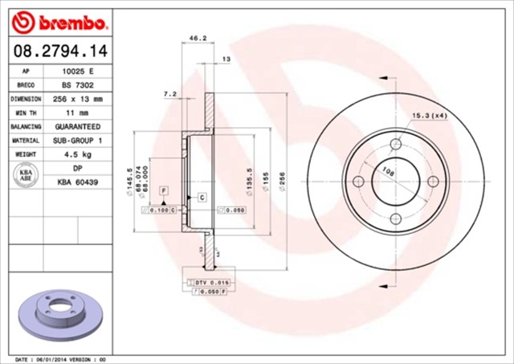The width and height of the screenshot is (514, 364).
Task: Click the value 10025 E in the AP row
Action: click(77, 71)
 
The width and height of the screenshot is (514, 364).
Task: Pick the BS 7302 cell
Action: click(77, 84)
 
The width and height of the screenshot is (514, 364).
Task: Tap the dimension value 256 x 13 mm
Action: click(77, 99)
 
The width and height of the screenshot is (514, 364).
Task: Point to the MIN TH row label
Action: click(26, 113)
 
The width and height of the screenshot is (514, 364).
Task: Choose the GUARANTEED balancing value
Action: click(77, 127)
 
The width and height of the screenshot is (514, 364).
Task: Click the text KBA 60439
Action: click(77, 183)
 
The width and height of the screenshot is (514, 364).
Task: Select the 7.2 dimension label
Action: click(170, 94)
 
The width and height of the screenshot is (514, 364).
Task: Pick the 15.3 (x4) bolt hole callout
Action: click(430, 117)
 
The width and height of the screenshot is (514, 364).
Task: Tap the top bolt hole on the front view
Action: click(395, 145)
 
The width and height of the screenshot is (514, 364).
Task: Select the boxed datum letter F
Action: click(163, 190)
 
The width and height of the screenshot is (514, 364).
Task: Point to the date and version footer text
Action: click(60, 358)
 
